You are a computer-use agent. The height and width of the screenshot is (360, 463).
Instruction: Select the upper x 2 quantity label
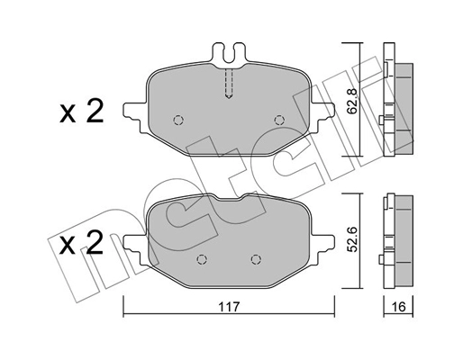(82, 112)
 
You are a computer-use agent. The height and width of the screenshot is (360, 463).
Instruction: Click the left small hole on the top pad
(177, 120)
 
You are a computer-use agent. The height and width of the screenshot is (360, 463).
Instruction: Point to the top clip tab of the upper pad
(228, 54)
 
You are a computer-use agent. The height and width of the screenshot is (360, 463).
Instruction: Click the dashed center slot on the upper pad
(229, 85)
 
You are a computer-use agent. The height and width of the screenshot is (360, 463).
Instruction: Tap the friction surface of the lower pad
(225, 238)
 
